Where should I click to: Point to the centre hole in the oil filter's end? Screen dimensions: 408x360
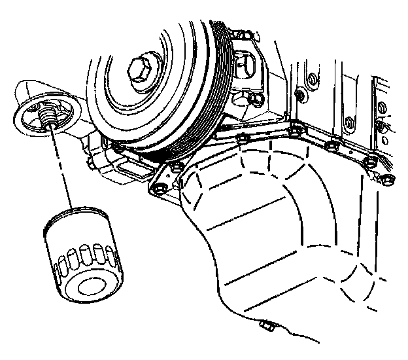(x=88, y=286)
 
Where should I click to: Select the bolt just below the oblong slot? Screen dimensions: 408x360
(x=254, y=99)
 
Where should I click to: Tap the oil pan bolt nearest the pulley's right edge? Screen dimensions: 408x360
(x=243, y=138)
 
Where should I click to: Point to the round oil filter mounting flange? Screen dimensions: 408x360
(x=39, y=118)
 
